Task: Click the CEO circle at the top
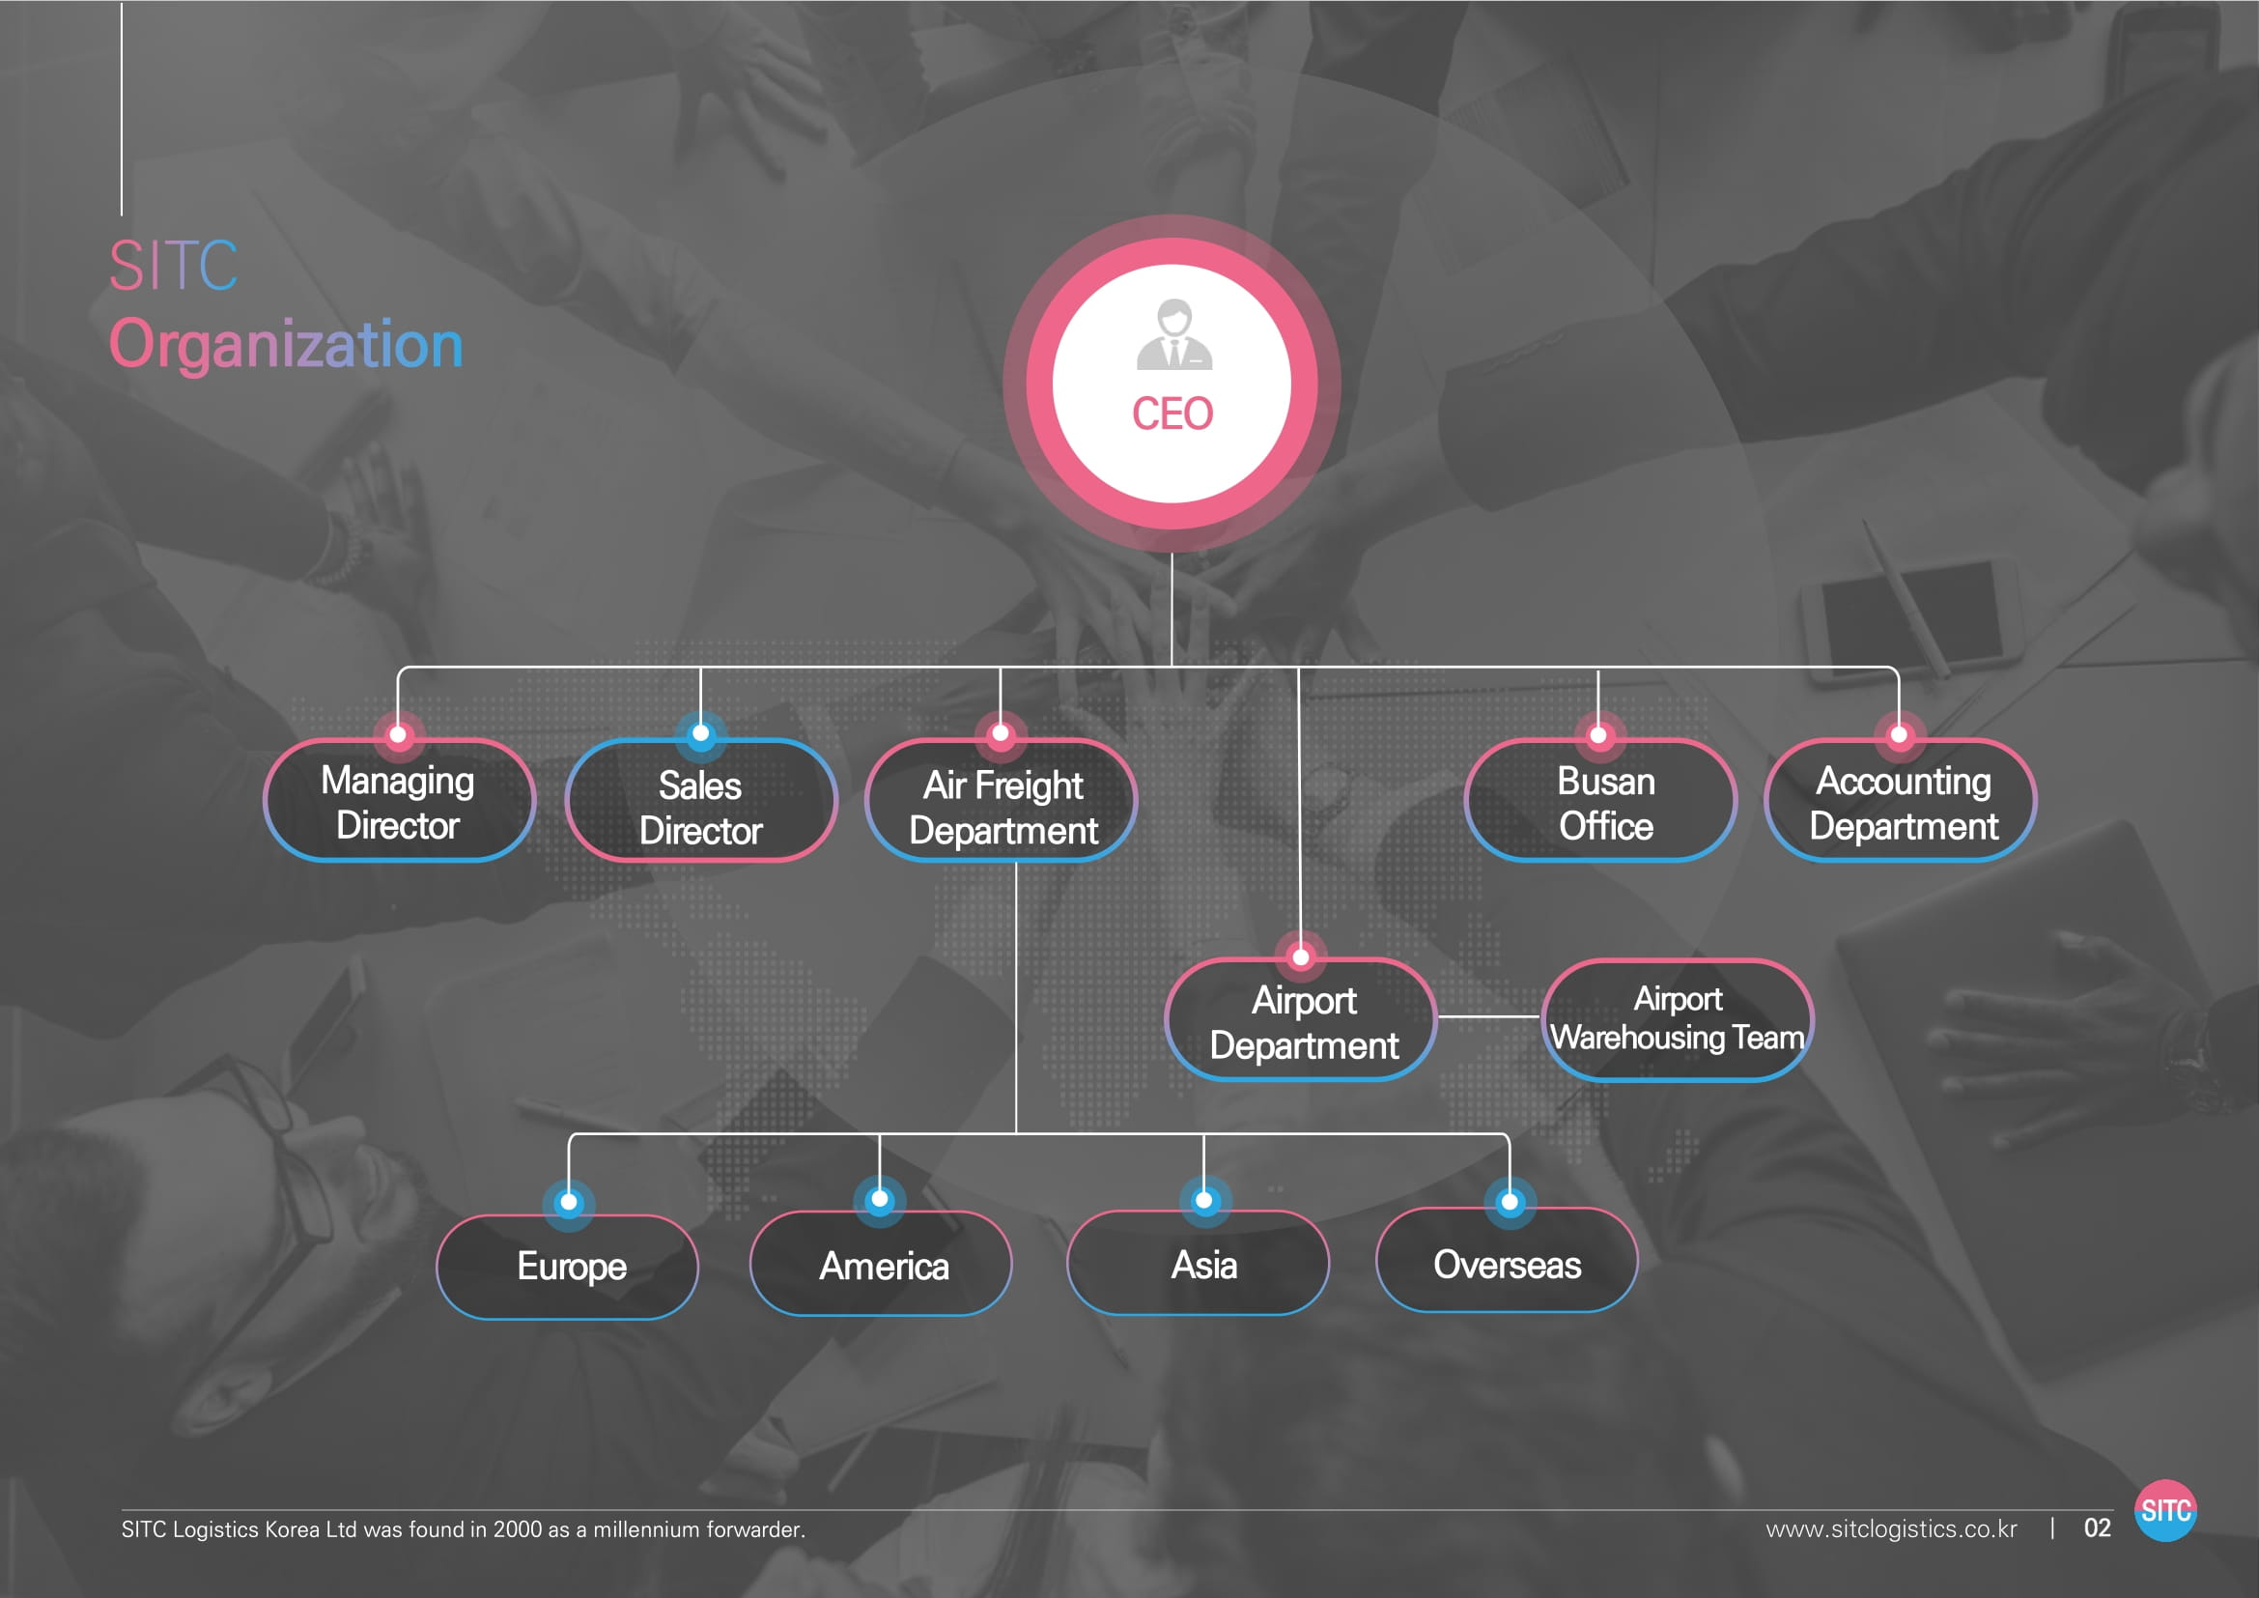(1171, 384)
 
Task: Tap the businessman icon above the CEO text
(1173, 335)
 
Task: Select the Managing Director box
(399, 802)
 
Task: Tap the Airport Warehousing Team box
(1677, 1019)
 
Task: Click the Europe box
(570, 1267)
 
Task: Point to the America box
(883, 1266)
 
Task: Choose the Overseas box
(1507, 1264)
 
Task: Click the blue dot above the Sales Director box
(700, 733)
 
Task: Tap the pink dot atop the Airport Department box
(1301, 956)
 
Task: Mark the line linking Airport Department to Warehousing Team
(1487, 1016)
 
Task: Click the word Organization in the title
(285, 344)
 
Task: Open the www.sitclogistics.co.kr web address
(1890, 1528)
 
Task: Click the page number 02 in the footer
(2097, 1527)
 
